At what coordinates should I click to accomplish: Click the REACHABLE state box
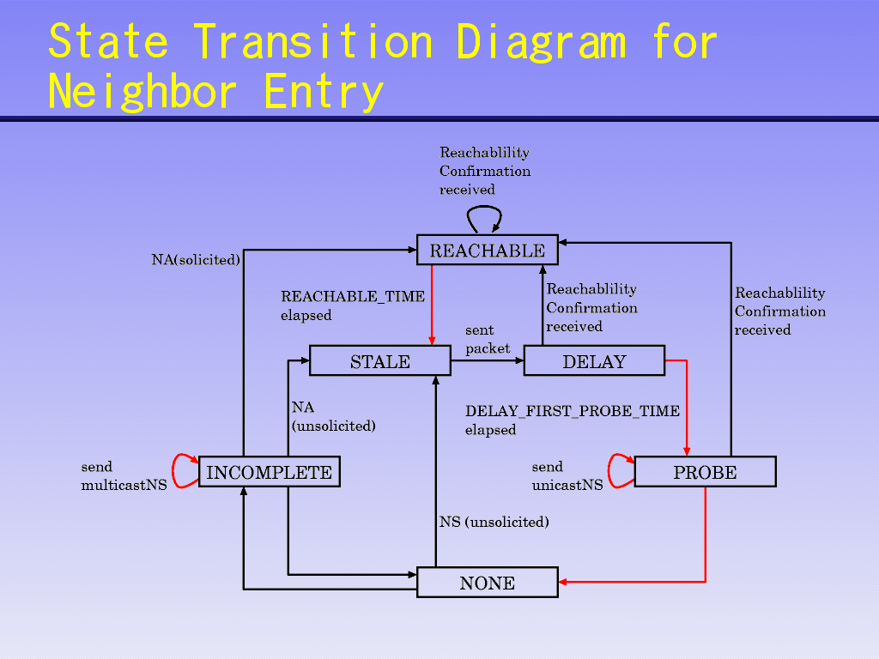click(487, 250)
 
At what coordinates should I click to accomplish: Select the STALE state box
click(379, 361)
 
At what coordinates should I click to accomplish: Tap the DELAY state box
click(594, 361)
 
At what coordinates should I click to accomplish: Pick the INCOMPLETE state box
click(269, 472)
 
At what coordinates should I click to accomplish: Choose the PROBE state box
click(705, 472)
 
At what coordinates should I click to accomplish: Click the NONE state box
click(487, 583)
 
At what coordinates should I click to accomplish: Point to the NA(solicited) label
click(196, 259)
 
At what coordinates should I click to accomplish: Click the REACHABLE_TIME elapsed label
click(352, 305)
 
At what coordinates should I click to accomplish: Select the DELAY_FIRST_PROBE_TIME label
click(572, 411)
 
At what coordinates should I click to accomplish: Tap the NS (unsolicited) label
click(494, 521)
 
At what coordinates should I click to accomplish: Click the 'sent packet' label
click(487, 339)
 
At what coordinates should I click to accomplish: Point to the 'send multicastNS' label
click(124, 476)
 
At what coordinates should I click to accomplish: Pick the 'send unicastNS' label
click(567, 476)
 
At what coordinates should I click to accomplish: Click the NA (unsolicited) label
click(333, 416)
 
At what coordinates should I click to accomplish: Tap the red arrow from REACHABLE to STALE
click(432, 305)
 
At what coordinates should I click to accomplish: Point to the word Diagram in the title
click(541, 40)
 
